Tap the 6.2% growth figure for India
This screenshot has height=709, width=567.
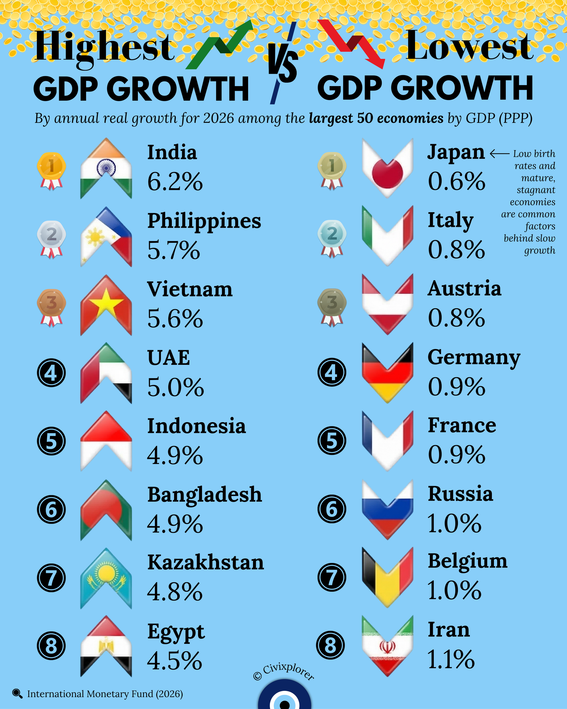(x=175, y=182)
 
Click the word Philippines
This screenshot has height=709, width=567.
(x=204, y=220)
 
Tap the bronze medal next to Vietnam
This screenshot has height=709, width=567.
(x=51, y=307)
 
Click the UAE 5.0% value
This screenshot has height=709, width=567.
(x=175, y=387)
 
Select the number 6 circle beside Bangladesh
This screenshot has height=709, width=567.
(x=51, y=509)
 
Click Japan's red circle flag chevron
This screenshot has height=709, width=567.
(x=387, y=168)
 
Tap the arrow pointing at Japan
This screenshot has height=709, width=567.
(x=499, y=153)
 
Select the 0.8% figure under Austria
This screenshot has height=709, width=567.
(x=456, y=318)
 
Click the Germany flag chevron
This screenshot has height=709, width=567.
(x=387, y=372)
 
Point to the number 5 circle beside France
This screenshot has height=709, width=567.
(x=332, y=441)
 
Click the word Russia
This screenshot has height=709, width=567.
(x=460, y=493)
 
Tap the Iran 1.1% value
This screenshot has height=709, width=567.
(x=451, y=659)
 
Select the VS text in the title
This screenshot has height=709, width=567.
(x=282, y=64)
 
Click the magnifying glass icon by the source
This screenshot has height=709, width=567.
(x=17, y=693)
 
